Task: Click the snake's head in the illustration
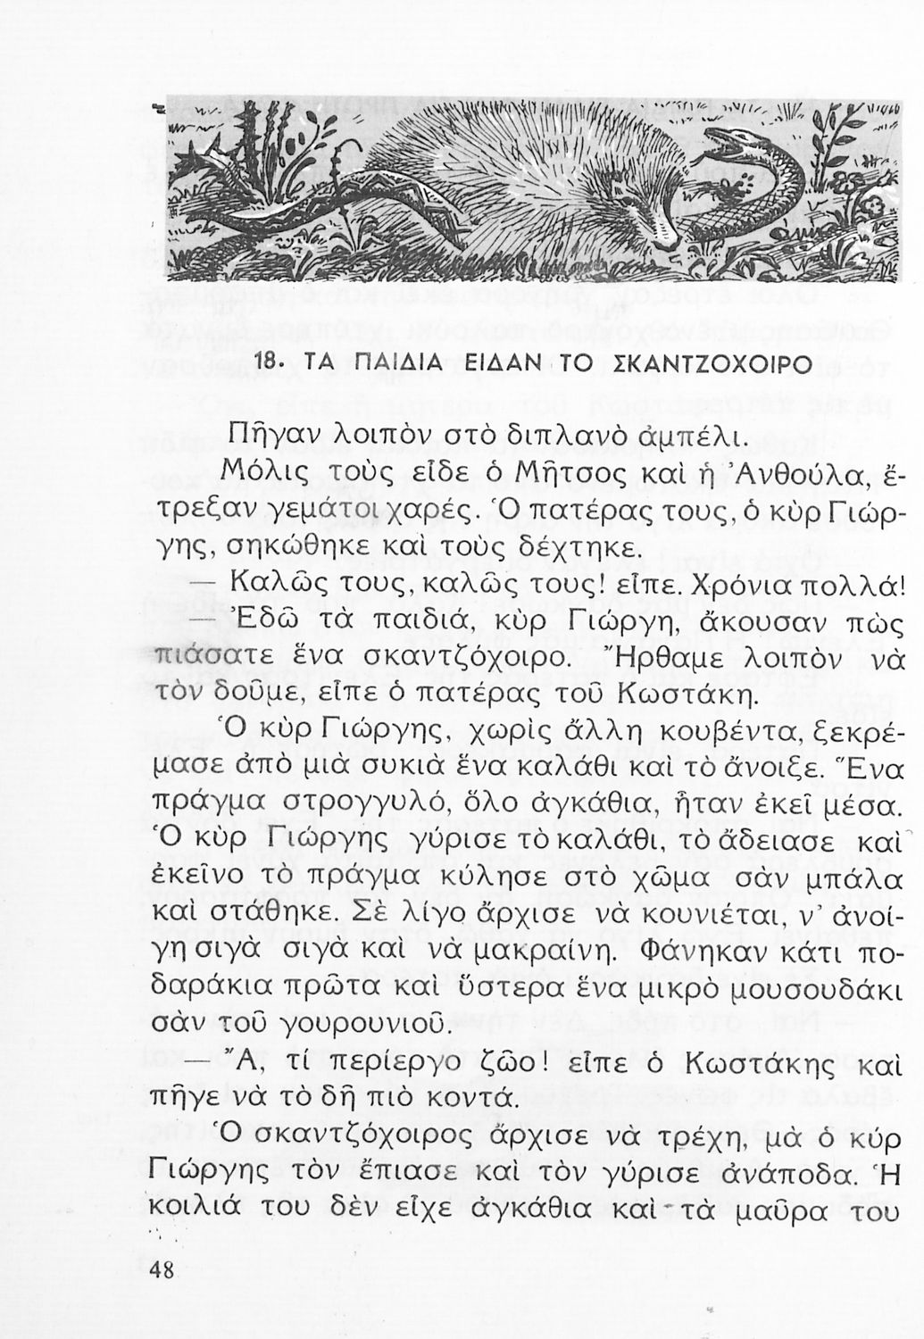pyautogui.click(x=732, y=144)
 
